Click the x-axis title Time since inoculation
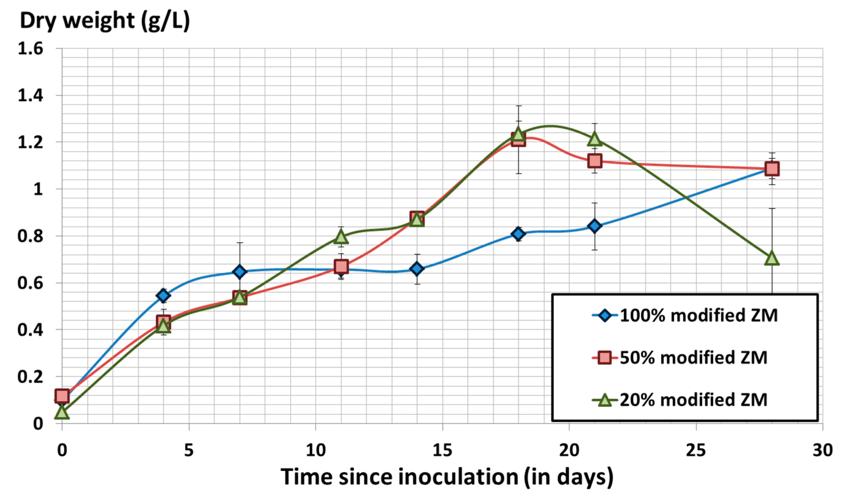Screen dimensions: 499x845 447,476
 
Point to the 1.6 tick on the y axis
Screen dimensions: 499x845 30,49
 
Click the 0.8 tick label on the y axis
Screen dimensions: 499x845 30,236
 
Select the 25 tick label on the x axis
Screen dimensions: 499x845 696,450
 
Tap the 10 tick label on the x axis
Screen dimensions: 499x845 316,450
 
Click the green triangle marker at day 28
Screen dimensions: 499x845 772,258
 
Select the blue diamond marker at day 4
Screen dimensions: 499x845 163,296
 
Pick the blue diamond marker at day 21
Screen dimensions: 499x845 595,226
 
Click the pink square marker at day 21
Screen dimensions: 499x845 595,161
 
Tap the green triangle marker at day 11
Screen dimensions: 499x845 341,236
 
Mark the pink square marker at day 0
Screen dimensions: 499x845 62,396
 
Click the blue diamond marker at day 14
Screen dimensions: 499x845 417,269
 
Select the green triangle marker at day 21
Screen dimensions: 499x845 595,138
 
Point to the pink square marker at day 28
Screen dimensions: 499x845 772,169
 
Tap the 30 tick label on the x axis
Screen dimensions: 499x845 822,450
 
